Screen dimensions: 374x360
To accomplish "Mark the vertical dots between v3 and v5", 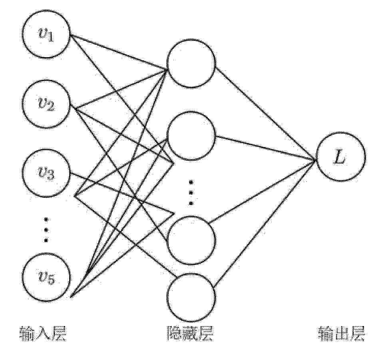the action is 46,229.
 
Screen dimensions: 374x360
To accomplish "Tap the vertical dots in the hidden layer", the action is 191,193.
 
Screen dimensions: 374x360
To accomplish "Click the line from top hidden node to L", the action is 265,114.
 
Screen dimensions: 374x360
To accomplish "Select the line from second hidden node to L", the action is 266,148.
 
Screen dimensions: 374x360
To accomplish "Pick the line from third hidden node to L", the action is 263,191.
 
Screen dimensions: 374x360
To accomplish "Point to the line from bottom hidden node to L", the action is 265,223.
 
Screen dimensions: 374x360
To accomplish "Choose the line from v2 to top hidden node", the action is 120,88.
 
